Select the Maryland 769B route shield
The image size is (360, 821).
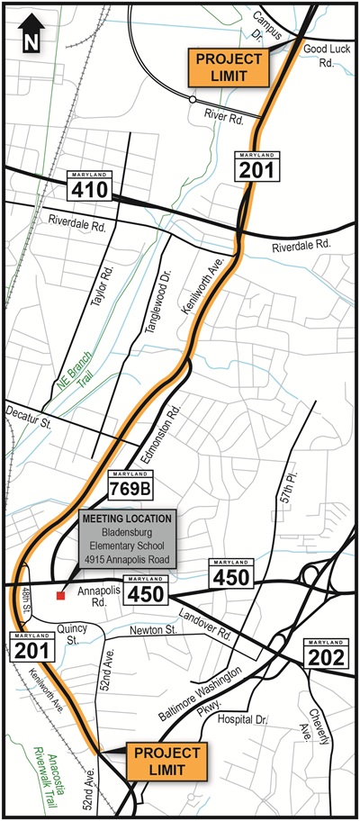(x=127, y=485)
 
